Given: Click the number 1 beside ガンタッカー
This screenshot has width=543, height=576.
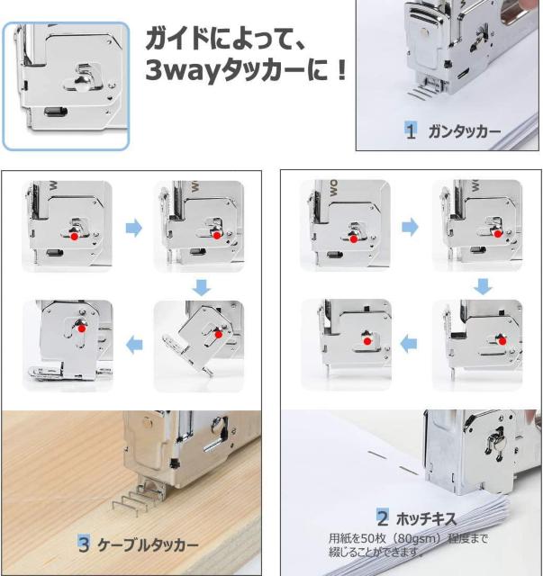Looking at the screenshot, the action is coord(411,130).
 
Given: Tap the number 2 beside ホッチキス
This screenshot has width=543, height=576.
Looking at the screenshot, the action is coord(383,518).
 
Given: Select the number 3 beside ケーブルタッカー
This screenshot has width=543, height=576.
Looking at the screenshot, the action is coord(84,544).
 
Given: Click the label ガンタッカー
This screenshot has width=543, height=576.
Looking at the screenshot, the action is coord(465,131).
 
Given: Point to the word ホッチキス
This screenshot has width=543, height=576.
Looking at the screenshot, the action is coord(427,518).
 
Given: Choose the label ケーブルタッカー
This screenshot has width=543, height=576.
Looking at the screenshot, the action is coord(148,544).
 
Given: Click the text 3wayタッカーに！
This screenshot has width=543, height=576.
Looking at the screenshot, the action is coord(246,70).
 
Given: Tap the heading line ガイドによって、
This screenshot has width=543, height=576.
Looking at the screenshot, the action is coord(225,39).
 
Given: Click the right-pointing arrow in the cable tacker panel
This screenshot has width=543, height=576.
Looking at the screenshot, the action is coord(134,228).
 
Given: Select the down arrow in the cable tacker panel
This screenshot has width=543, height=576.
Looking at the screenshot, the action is coord(202,287).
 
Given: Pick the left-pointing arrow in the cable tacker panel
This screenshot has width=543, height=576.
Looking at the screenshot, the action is coord(134,345).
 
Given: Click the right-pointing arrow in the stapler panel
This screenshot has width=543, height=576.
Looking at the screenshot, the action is coord(410,227).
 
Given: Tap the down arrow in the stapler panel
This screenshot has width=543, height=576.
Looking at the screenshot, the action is coord(483,286).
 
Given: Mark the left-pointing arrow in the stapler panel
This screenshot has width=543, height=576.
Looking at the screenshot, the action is coord(409,344).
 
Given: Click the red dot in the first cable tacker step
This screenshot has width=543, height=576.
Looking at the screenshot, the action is coord(74,236).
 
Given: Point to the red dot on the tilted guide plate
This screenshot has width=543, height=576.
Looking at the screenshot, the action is coord(219,335).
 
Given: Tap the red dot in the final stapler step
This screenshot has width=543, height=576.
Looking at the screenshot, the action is coord(367,341).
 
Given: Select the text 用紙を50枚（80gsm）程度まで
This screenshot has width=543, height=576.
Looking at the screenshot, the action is coord(408,538).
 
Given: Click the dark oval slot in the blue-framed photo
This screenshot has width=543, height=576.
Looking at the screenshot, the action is coord(56,111).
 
